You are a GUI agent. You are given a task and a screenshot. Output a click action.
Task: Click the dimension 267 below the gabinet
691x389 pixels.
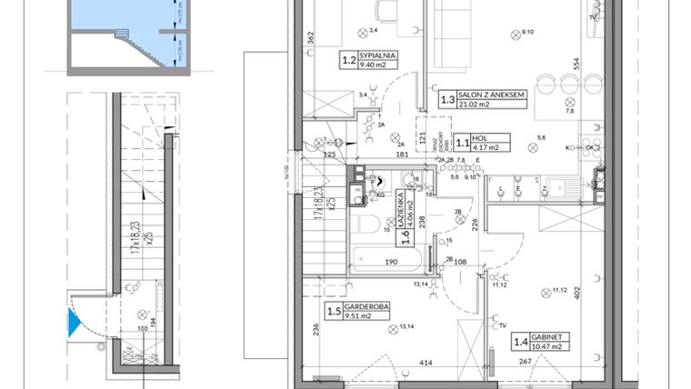pos(526,363)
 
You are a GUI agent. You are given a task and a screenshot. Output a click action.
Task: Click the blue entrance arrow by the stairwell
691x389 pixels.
pos(72,320)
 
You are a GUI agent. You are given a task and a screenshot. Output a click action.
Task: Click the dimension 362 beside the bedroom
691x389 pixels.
pos(310,39)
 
